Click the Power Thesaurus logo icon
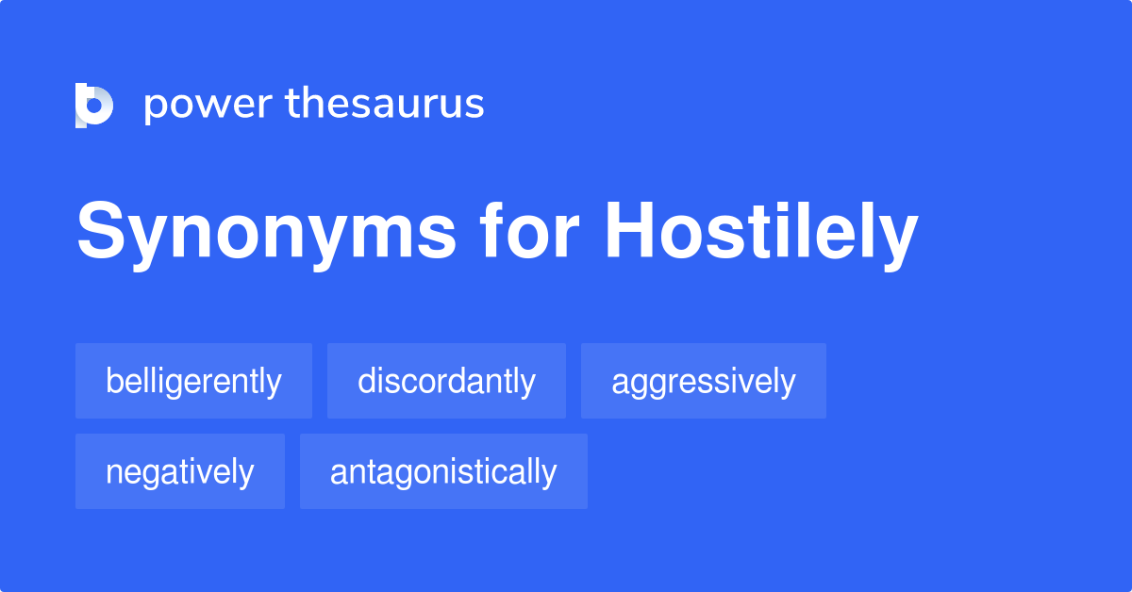point(94,104)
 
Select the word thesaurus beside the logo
point(385,104)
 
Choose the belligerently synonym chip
point(193,381)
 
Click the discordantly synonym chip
point(446,381)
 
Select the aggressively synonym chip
point(703,381)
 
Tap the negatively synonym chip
point(179,471)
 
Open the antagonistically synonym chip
point(443,471)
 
